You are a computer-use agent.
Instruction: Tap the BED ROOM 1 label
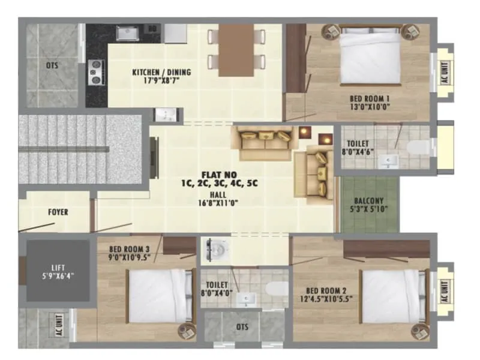(370, 98)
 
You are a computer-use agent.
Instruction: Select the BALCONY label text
(368, 200)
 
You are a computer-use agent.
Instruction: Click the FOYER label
(58, 212)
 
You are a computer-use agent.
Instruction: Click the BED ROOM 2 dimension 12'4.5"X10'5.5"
(327, 298)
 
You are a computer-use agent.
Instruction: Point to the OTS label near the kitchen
(52, 65)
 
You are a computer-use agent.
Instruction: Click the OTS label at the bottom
(242, 328)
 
